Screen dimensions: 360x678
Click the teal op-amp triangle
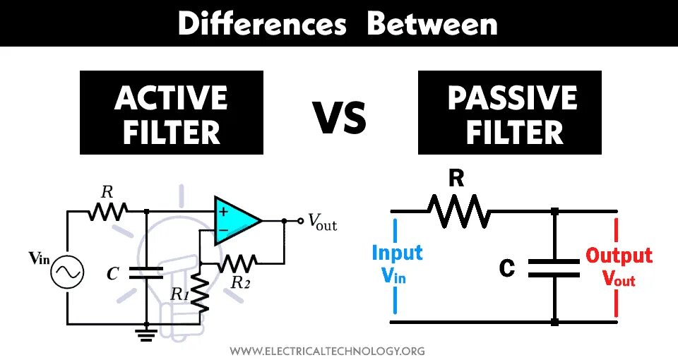[237, 220]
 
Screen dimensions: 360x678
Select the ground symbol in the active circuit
[146, 333]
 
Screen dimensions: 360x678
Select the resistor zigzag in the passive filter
[457, 210]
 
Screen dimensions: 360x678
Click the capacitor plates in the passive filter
[555, 267]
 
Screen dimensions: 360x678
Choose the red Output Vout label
[619, 266]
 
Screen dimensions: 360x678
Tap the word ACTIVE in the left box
[171, 99]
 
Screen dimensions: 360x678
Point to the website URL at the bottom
[328, 350]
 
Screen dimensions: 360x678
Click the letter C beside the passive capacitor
[506, 268]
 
